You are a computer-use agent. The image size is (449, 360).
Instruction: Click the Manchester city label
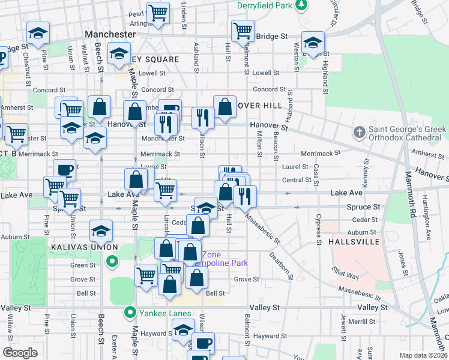point(110,35)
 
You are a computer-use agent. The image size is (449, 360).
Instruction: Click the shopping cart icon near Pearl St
point(158,12)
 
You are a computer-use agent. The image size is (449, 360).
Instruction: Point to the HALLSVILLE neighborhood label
point(354,241)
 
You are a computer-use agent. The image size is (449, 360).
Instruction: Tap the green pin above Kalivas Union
point(111,261)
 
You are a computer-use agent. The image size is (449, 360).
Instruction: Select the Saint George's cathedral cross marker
point(359,131)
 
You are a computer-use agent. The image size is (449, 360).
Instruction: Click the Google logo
point(20,352)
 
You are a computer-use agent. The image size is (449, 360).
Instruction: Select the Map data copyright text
point(423,355)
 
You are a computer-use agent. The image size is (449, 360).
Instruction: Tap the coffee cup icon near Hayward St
point(203,344)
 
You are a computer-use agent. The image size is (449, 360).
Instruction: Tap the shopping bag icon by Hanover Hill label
point(224,108)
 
